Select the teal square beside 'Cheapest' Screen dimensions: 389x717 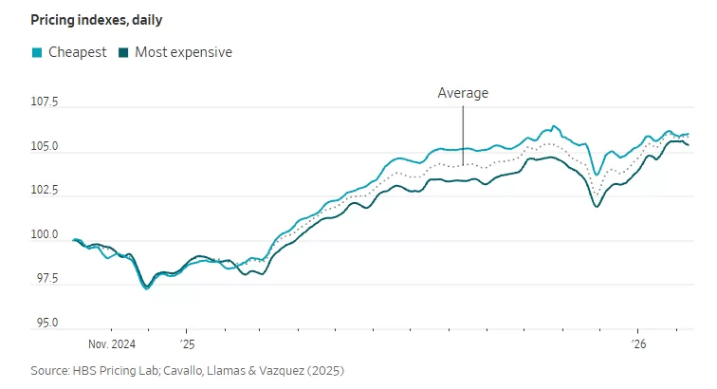point(36,52)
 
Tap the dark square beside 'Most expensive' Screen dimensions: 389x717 point(124,52)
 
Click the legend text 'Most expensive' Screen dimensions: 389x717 point(183,52)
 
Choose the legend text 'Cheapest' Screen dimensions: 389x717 point(77,52)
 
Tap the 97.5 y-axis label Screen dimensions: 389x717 point(44,279)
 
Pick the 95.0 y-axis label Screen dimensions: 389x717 point(44,323)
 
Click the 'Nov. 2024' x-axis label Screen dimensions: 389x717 point(111,344)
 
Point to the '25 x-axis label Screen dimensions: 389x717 point(187,344)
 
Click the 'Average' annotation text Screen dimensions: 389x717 point(463,93)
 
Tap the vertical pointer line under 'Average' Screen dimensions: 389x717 point(463,133)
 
